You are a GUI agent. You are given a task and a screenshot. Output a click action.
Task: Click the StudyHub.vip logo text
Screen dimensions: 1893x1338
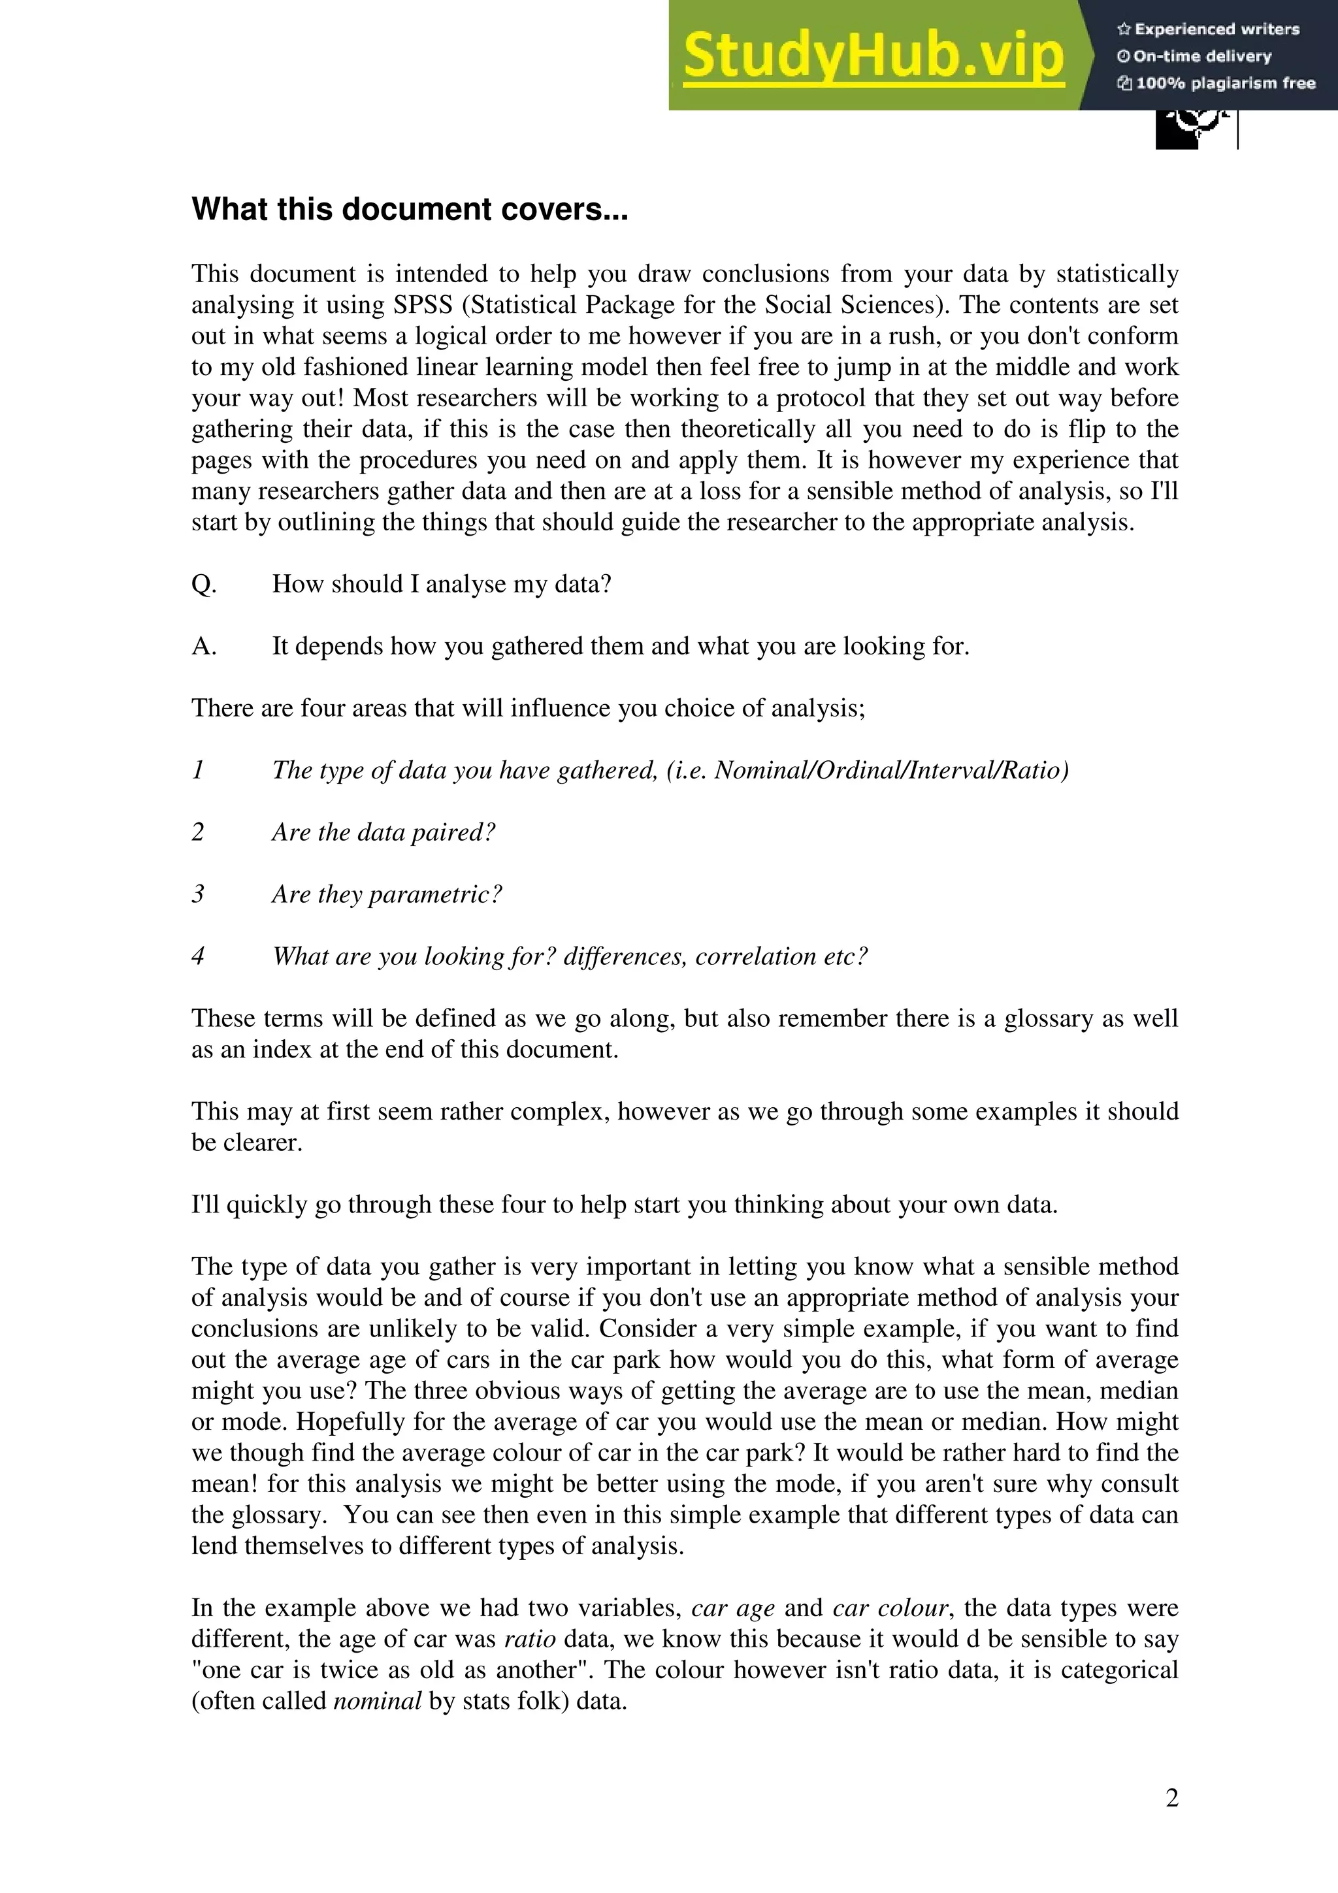coord(873,56)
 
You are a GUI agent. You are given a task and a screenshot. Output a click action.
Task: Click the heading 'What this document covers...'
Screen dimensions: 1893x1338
coord(410,210)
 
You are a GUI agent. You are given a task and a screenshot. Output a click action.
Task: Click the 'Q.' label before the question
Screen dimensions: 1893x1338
coord(204,584)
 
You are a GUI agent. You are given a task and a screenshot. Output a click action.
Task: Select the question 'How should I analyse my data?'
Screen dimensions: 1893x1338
coord(441,584)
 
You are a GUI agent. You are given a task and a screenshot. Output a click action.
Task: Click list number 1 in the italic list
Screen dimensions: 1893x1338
coord(198,770)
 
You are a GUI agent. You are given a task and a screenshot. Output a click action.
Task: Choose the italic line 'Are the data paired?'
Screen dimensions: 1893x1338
coord(383,832)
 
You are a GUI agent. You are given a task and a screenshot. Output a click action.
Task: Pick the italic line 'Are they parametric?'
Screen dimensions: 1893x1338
coord(387,894)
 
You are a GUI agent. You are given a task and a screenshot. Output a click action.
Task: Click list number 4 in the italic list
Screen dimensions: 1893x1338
coord(198,956)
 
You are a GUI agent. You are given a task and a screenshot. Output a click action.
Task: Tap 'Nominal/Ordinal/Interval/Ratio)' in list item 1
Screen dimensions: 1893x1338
coord(890,770)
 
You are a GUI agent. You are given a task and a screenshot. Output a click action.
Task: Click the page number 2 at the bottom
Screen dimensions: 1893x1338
coord(1171,1798)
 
